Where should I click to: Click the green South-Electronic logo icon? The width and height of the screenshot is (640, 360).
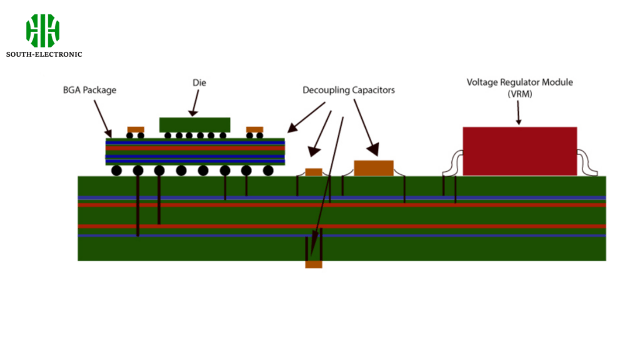pyautogui.click(x=42, y=31)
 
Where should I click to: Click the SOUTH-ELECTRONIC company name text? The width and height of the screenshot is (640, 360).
pyautogui.click(x=44, y=54)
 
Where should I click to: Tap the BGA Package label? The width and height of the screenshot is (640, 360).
pyautogui.click(x=89, y=90)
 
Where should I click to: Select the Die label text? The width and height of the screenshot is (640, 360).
pyautogui.click(x=199, y=82)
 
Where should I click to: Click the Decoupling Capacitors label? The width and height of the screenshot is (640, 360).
pyautogui.click(x=348, y=90)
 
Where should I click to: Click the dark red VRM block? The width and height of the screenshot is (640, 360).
pyautogui.click(x=519, y=151)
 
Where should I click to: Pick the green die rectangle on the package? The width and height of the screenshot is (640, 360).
pyautogui.click(x=194, y=124)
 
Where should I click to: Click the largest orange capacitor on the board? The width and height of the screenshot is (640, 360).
pyautogui.click(x=374, y=167)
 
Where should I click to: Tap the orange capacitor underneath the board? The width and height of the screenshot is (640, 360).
pyautogui.click(x=313, y=264)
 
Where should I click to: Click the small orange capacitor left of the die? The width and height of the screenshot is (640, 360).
pyautogui.click(x=136, y=129)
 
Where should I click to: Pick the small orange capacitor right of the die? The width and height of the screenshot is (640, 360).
pyautogui.click(x=254, y=129)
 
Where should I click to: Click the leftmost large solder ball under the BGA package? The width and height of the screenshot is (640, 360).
pyautogui.click(x=116, y=170)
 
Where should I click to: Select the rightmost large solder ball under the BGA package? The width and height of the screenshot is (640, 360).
pyautogui.click(x=268, y=170)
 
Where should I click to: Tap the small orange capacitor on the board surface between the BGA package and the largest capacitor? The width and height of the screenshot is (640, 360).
pyautogui.click(x=313, y=172)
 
